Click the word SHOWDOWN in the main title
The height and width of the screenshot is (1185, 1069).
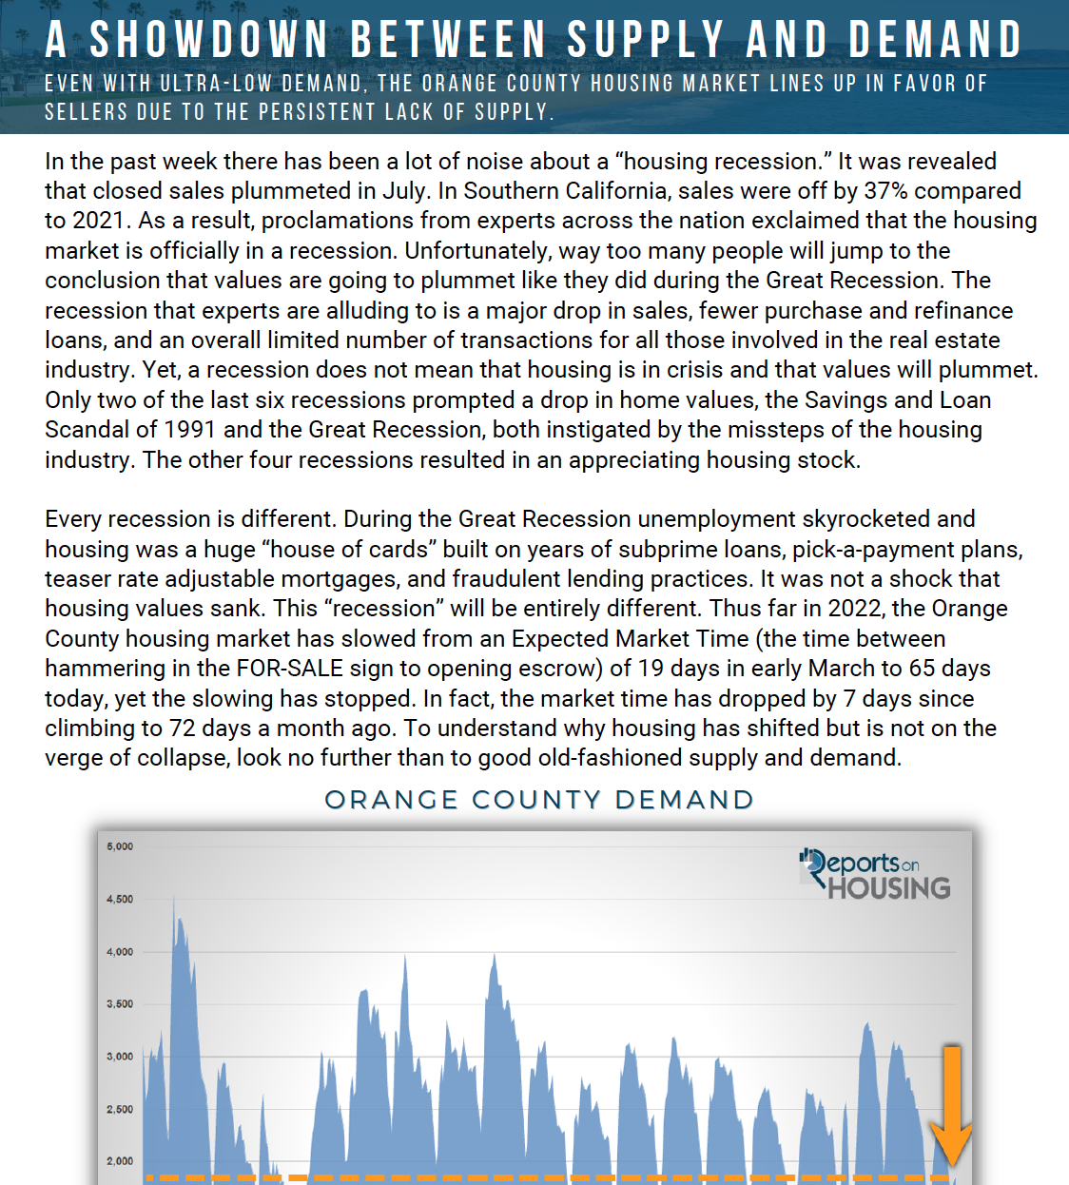(x=209, y=40)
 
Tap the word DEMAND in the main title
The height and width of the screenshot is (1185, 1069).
(x=935, y=40)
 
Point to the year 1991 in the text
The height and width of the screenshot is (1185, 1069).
(x=190, y=430)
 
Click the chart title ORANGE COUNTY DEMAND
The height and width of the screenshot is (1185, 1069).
(x=539, y=800)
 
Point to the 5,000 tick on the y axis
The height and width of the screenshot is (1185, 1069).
(x=120, y=846)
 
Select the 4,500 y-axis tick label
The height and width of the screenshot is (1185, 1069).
(x=120, y=899)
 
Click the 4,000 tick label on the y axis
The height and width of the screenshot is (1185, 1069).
(x=120, y=952)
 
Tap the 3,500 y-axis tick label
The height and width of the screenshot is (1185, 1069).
(x=120, y=1004)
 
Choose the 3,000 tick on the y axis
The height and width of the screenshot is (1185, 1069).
(x=120, y=1057)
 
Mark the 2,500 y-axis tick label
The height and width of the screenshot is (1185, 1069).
(x=120, y=1110)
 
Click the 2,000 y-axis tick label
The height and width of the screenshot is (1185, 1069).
(x=120, y=1161)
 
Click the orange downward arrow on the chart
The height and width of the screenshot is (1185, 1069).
(x=951, y=1108)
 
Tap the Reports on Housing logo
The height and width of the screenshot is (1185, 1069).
(x=875, y=875)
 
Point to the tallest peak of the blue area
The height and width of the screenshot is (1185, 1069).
(x=175, y=899)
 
